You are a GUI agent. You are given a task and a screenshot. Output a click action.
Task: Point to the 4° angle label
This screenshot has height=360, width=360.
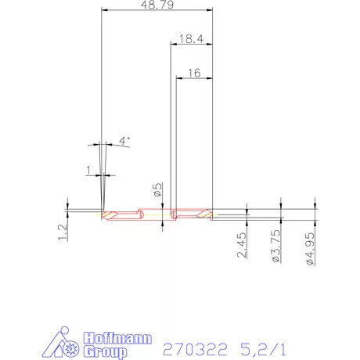click(124, 140)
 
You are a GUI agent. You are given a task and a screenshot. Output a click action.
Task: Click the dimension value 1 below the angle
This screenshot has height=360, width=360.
click(89, 169)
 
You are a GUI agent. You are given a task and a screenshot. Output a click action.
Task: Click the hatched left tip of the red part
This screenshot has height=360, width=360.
click(113, 214)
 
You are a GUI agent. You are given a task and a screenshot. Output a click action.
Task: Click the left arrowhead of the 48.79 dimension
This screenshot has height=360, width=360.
click(106, 11)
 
